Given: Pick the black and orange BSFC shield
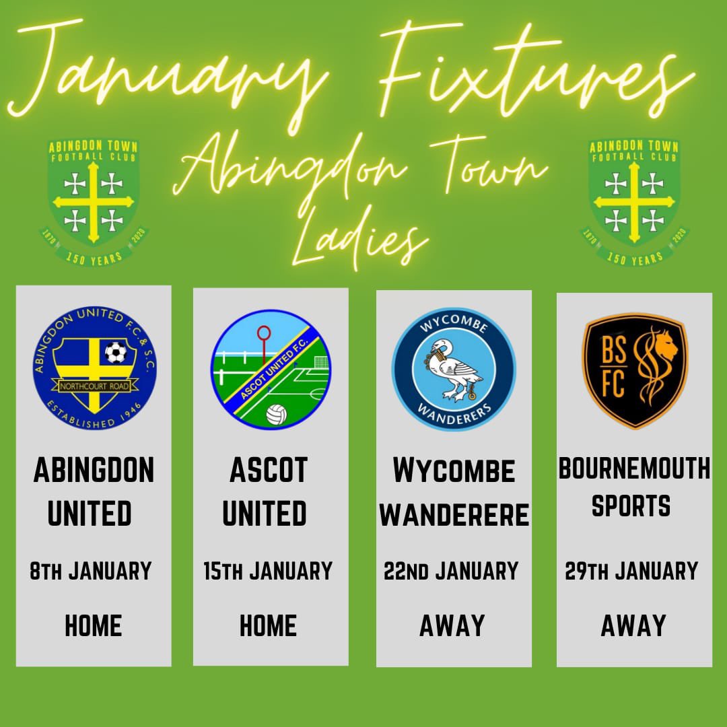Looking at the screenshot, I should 635,370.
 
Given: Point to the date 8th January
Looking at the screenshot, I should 91,572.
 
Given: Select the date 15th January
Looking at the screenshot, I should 268,572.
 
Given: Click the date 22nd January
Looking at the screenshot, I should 451,572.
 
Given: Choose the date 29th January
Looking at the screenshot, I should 631,572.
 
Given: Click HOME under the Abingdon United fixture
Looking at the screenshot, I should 94,626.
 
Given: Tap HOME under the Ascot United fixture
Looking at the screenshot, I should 268,626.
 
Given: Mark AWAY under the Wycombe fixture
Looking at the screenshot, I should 452,626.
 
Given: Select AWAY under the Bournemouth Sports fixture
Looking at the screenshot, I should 633,626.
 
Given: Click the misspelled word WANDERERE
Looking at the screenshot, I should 454,516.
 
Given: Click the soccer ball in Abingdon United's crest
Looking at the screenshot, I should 115,351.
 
